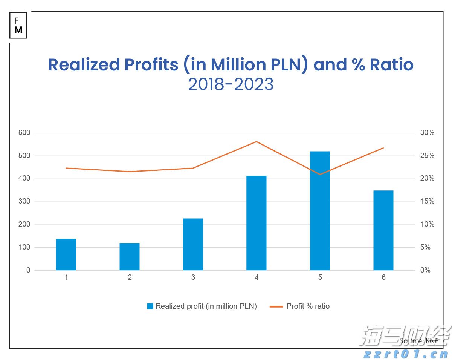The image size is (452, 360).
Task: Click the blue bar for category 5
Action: point(320,211)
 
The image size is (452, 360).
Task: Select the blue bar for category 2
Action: point(130,257)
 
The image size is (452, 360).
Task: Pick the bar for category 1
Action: point(66,254)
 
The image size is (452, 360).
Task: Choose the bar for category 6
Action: point(383,230)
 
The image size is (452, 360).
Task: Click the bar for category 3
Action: point(193,244)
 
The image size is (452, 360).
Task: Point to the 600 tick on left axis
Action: point(24,133)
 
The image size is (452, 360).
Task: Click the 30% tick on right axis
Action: point(427,133)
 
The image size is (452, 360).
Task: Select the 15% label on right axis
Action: point(427,202)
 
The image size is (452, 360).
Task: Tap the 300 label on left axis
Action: point(24,202)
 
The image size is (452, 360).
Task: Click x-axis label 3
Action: point(193,277)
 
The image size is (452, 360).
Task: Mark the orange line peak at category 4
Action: point(257,142)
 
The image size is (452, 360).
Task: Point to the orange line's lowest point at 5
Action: point(320,174)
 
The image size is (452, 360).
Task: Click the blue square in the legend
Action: point(150,306)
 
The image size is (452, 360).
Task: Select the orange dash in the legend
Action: point(276,306)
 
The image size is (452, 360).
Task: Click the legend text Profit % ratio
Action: point(308,306)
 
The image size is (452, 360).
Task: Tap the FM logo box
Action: point(18,26)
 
